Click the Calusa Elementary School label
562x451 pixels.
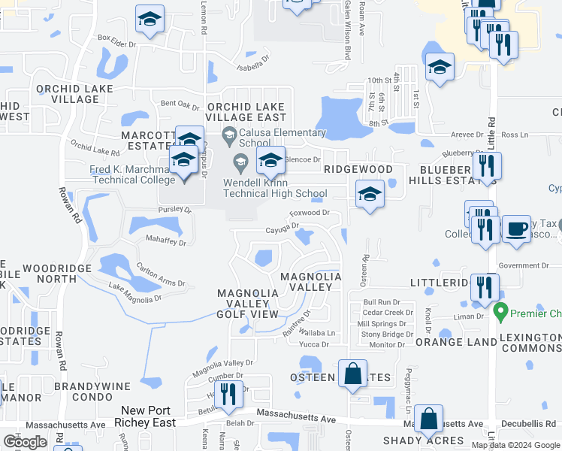coord(282,138)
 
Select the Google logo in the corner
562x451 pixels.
coord(25,442)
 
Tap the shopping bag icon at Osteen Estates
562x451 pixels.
coord(352,374)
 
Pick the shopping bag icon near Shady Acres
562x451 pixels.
coord(428,419)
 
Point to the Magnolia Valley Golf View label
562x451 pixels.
coord(248,304)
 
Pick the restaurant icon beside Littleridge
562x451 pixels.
coord(484,286)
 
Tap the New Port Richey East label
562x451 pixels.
coord(150,416)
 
